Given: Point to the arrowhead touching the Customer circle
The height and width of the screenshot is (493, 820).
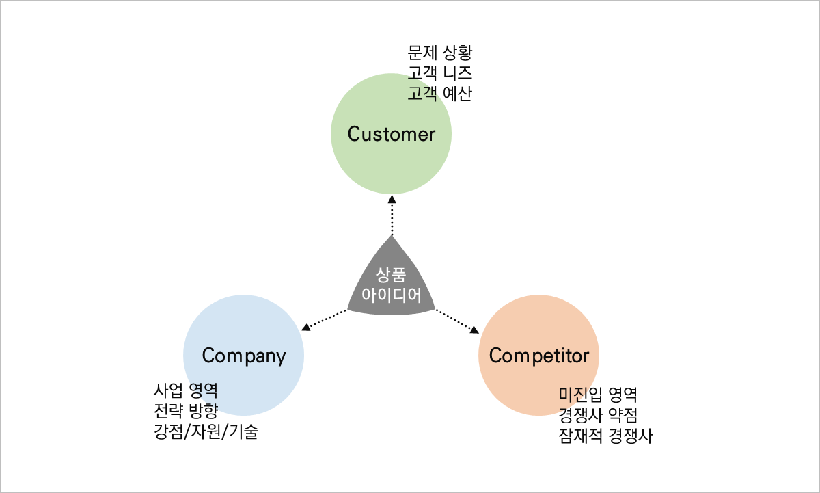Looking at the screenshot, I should click(392, 200).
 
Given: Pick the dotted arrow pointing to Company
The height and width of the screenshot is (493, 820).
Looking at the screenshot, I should click(325, 319).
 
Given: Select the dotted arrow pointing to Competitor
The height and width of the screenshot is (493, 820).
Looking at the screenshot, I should click(457, 320).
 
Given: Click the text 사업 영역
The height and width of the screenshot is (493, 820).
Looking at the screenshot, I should click(186, 391).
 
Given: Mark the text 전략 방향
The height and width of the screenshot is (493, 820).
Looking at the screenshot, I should click(186, 412).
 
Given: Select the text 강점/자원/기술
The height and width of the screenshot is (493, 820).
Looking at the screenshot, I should click(206, 432).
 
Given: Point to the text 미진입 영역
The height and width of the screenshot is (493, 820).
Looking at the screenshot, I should click(598, 395).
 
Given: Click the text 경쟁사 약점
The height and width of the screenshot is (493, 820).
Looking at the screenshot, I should click(598, 415).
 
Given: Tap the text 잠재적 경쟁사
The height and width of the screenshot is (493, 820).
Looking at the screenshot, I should click(605, 436).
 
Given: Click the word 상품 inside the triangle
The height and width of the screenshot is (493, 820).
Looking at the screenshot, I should click(391, 276).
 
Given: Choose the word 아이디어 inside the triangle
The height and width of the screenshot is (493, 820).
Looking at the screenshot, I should click(391, 296).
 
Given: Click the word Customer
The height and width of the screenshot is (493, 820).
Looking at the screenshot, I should click(391, 134).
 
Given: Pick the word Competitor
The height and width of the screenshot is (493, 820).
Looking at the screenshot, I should click(538, 356).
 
